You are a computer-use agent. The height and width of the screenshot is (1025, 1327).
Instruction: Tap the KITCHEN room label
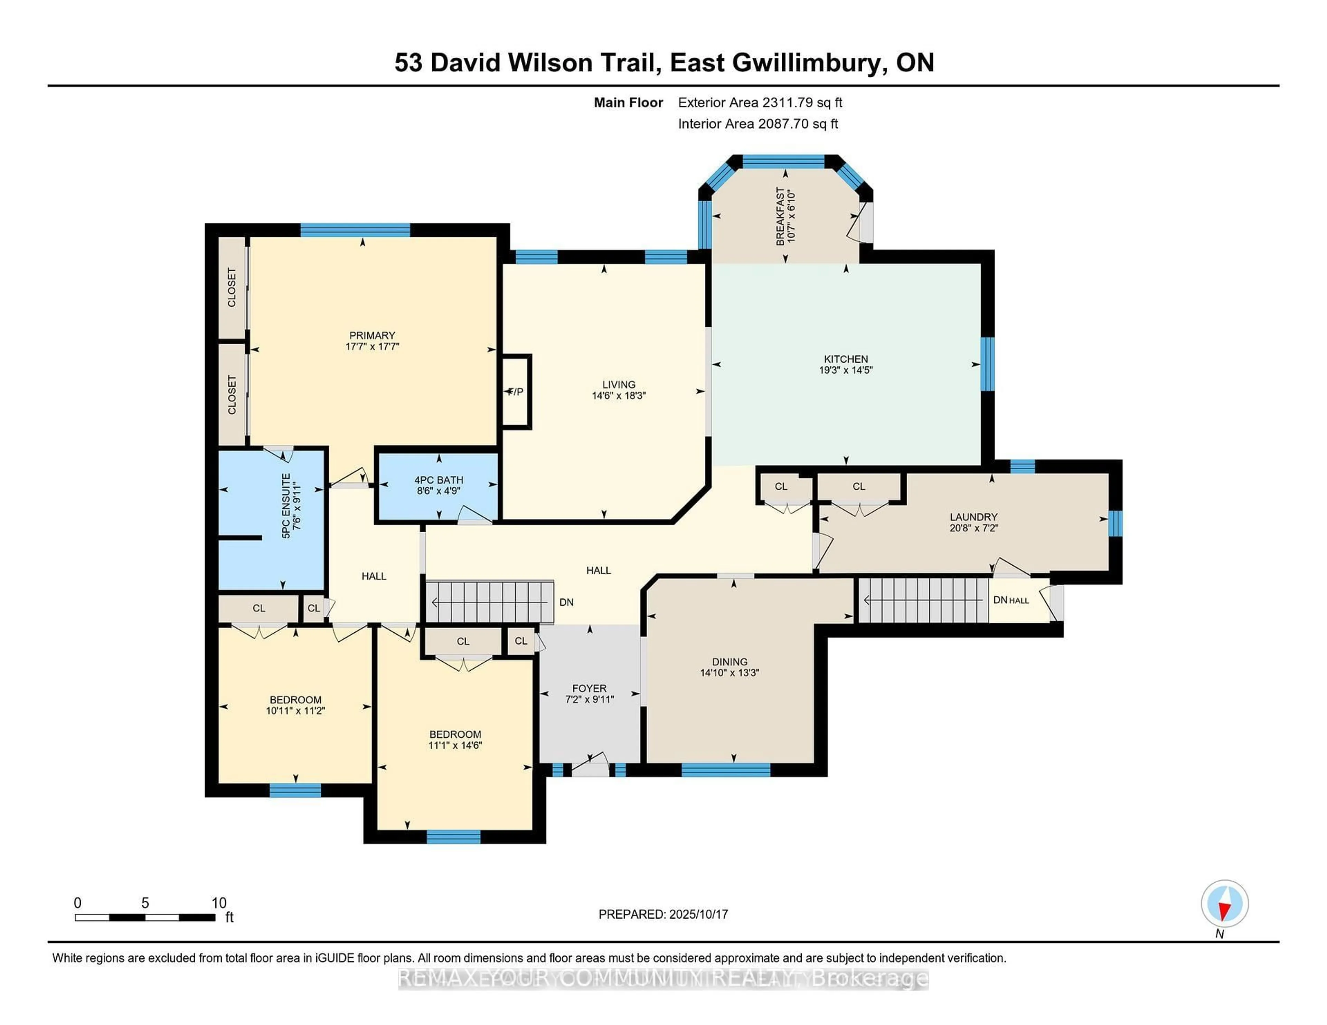pos(846,359)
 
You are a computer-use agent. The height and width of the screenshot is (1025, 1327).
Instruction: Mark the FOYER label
pos(589,688)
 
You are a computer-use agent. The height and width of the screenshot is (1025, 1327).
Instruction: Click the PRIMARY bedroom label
pos(372,335)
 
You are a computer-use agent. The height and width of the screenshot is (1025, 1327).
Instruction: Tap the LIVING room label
pos(619,384)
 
